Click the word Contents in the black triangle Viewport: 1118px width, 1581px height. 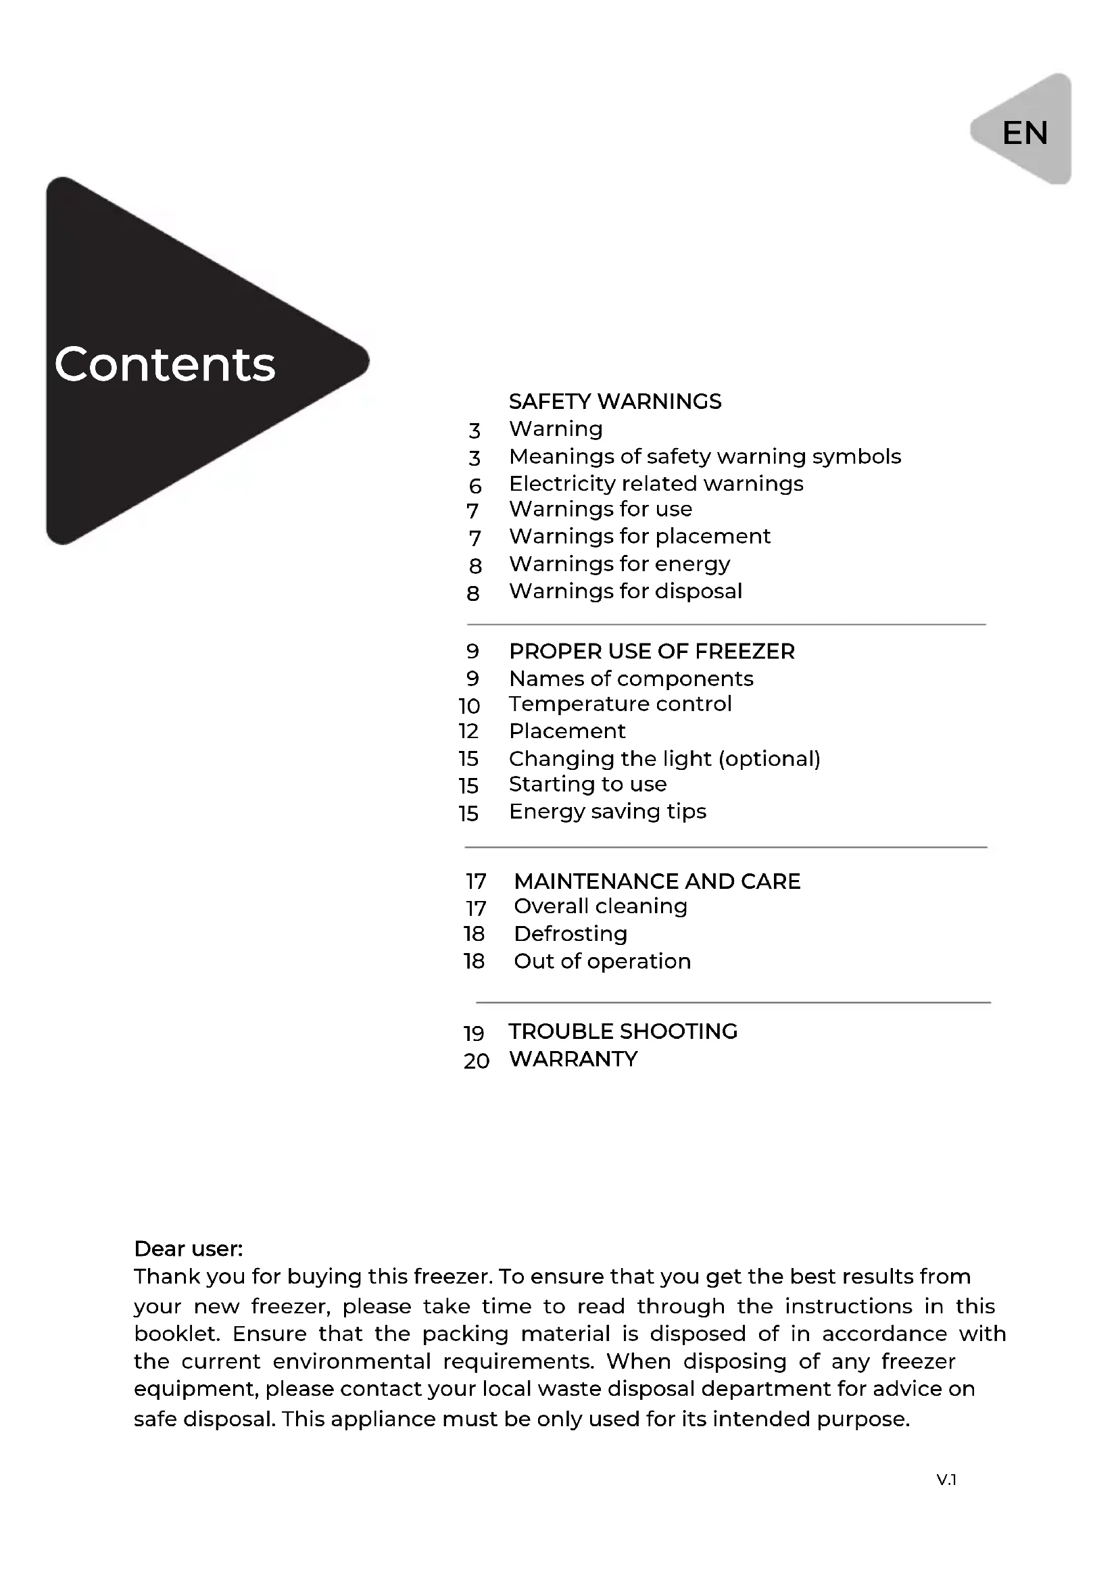coord(164,364)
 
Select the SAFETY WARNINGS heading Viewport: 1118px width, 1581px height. coord(614,402)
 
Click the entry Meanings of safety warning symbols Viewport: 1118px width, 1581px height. coord(704,456)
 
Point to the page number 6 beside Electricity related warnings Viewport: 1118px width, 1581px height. coord(475,486)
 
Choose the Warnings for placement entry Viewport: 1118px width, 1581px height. coord(639,537)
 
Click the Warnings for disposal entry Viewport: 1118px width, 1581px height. coord(625,591)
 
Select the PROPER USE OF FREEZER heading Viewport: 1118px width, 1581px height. coord(651,652)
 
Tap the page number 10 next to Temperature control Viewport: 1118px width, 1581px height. coord(470,706)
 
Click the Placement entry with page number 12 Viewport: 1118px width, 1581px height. coord(566,731)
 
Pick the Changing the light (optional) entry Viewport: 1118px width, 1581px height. coord(664,759)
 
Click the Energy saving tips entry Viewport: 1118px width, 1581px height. coord(607,812)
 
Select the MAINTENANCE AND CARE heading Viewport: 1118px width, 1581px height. coord(657,881)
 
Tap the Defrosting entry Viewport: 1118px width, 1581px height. coord(570,934)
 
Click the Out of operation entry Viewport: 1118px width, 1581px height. coord(602,962)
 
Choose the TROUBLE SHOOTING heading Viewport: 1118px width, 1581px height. coord(623,1031)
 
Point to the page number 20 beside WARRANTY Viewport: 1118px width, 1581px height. coord(477,1061)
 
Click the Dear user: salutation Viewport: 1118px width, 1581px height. coord(188,1249)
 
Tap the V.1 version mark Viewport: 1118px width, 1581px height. coord(946,1480)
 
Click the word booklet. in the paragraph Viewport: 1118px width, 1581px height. coord(176,1334)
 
